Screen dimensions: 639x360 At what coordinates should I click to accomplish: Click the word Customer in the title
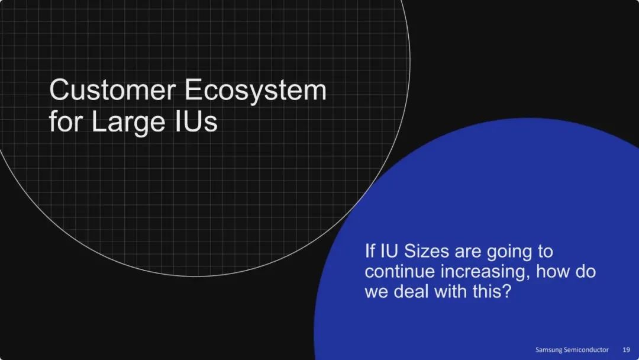(x=112, y=89)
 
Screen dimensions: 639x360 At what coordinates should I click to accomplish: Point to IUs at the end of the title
(x=196, y=121)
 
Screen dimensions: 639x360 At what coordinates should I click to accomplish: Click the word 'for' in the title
(x=66, y=121)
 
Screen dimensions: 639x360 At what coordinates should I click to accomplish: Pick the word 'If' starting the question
(x=370, y=250)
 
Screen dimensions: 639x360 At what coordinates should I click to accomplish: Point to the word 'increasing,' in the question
(x=485, y=273)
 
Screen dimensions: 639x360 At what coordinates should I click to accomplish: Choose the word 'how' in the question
(x=552, y=271)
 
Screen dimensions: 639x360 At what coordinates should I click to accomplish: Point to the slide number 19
(x=626, y=350)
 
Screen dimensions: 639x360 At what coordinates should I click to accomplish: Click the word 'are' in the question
(x=468, y=252)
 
